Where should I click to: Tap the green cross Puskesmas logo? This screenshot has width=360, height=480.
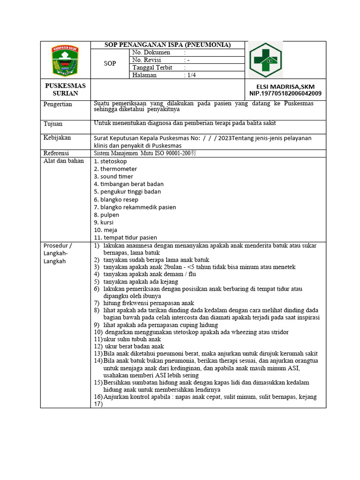click(265, 60)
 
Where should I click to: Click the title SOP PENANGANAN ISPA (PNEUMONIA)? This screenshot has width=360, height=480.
click(167, 45)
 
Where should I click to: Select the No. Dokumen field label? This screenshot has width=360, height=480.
click(151, 52)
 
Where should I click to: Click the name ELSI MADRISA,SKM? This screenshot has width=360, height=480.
click(285, 86)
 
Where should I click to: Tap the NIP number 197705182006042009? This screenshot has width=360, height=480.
click(285, 93)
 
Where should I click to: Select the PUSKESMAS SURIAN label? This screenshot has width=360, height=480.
click(65, 90)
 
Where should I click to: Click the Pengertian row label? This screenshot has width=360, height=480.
click(58, 104)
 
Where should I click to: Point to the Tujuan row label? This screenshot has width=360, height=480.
click(53, 124)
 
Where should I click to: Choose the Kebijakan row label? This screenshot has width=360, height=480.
click(57, 138)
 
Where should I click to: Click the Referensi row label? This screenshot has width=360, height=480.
click(56, 153)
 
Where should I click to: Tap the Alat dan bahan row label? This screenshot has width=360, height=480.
click(63, 161)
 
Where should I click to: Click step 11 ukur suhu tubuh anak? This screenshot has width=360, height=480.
click(127, 339)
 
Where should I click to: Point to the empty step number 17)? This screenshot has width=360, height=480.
click(98, 404)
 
